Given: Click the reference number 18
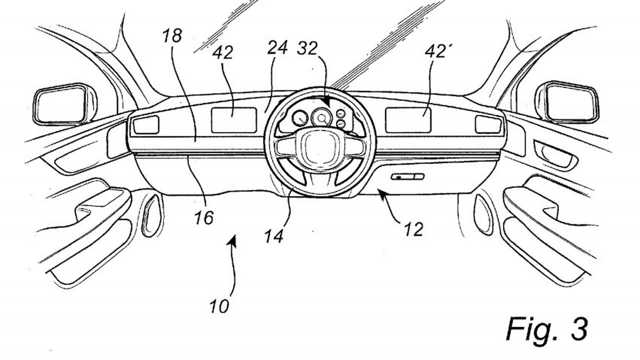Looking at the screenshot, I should pyautogui.click(x=171, y=36).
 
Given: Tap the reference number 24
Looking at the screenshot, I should pyautogui.click(x=277, y=48).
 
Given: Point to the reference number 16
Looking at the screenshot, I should pyautogui.click(x=203, y=217).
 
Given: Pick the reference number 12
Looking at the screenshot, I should pyautogui.click(x=412, y=229).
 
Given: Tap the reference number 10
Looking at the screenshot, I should pyautogui.click(x=218, y=305).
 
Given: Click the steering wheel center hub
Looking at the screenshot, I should pyautogui.click(x=319, y=147).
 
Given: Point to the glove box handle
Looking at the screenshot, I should pyautogui.click(x=407, y=176).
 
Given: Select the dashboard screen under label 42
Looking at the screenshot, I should pyautogui.click(x=234, y=120).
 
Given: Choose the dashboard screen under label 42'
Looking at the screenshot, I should pyautogui.click(x=408, y=120).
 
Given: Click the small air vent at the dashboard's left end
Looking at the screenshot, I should pyautogui.click(x=146, y=124).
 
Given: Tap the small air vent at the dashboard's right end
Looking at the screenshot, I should pyautogui.click(x=488, y=124).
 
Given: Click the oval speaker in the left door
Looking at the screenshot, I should pyautogui.click(x=151, y=215).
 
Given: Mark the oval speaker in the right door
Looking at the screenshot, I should pyautogui.click(x=483, y=214).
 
